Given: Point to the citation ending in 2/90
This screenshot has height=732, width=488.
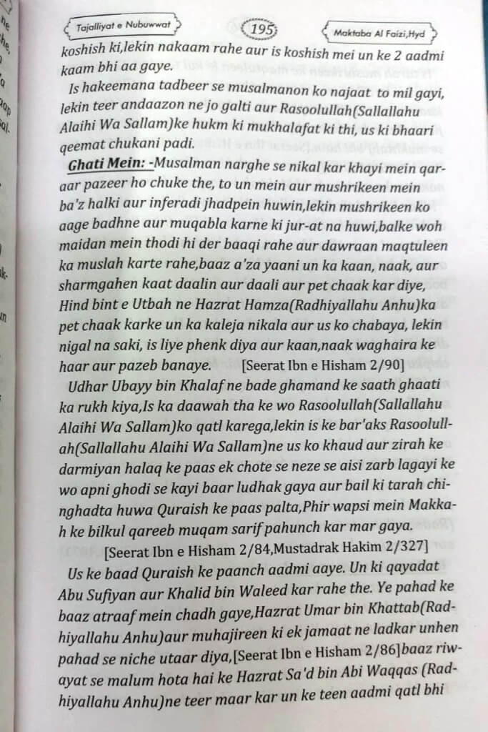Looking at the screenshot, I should click(x=324, y=365).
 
